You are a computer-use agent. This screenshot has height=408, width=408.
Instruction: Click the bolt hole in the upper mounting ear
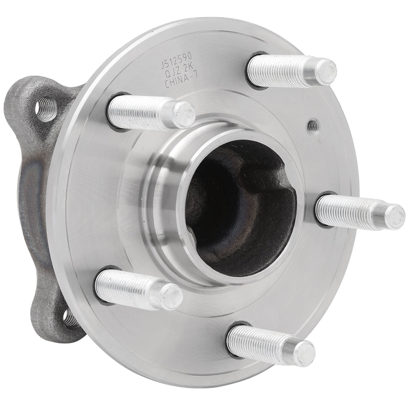(x=45, y=109)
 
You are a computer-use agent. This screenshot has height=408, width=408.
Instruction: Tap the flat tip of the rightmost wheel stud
(x=395, y=217)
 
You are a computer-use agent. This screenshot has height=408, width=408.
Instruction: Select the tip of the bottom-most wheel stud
(x=304, y=354)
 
